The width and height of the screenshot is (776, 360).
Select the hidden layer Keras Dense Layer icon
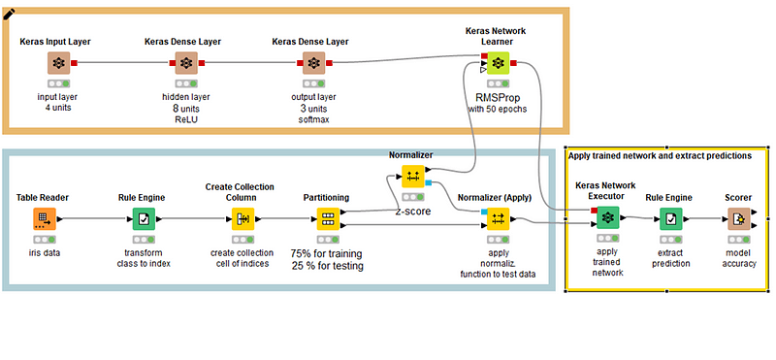186,63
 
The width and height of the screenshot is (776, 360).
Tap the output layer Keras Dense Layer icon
313,63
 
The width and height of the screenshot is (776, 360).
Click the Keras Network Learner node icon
497,63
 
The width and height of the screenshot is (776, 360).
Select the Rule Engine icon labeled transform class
145,219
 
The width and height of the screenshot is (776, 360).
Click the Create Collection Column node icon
243,219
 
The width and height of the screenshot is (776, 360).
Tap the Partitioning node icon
329,219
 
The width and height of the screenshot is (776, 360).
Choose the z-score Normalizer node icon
412,177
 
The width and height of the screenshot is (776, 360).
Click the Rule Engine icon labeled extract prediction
671,219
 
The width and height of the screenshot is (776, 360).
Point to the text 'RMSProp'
497,97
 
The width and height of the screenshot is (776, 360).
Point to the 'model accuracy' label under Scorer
739,257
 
